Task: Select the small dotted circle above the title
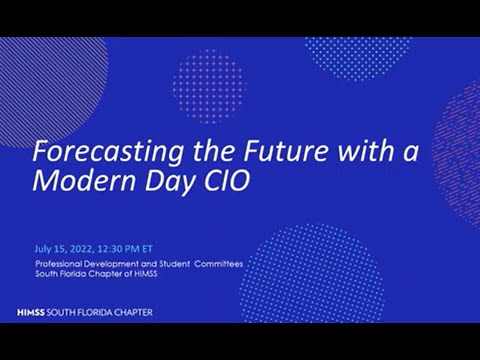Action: point(208,84)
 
